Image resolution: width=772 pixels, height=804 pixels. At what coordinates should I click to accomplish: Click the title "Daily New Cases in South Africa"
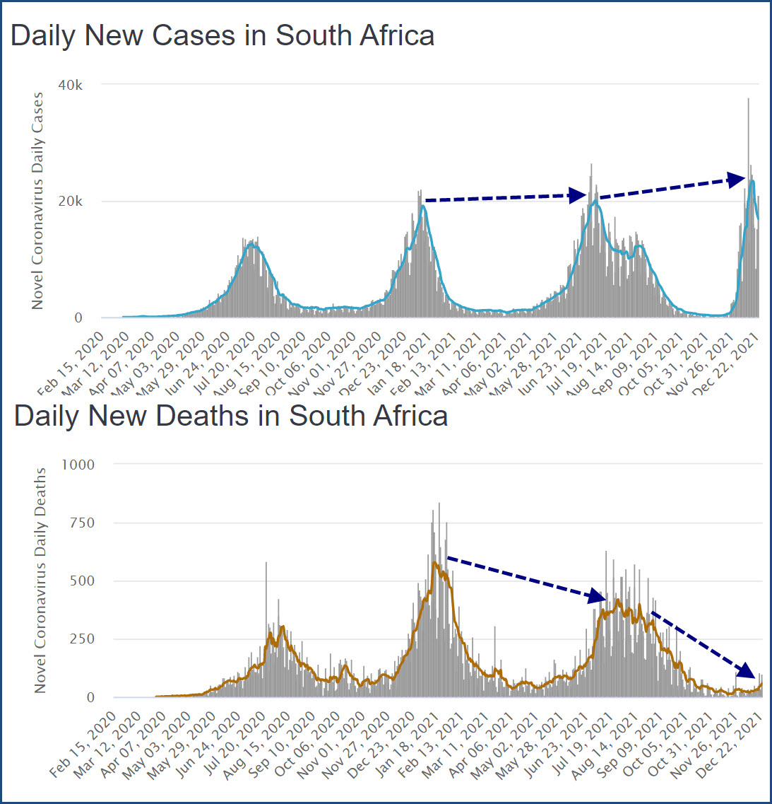[222, 35]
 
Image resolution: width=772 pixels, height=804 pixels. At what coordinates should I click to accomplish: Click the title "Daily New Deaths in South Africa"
[231, 415]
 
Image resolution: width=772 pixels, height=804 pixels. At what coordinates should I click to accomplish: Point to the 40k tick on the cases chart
[71, 85]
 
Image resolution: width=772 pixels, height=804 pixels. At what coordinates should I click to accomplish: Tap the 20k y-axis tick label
[71, 202]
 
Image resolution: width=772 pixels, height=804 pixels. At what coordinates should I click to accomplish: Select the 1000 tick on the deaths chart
[78, 465]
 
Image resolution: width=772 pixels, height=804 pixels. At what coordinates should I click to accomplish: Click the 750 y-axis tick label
[81, 523]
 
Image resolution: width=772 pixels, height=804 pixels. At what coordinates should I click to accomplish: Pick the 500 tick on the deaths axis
[81, 581]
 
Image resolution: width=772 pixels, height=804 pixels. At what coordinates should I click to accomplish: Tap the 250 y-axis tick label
[81, 639]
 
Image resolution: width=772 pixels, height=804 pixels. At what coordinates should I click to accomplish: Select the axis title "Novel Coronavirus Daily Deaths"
[40, 580]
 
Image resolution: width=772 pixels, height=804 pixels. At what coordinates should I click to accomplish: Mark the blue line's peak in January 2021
[423, 206]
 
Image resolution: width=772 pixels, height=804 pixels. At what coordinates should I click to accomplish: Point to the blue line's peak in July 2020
[251, 244]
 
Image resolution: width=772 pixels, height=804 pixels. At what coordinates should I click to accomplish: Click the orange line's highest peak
[434, 562]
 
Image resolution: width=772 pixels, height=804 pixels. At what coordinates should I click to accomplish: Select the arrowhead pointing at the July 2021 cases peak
[578, 195]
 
